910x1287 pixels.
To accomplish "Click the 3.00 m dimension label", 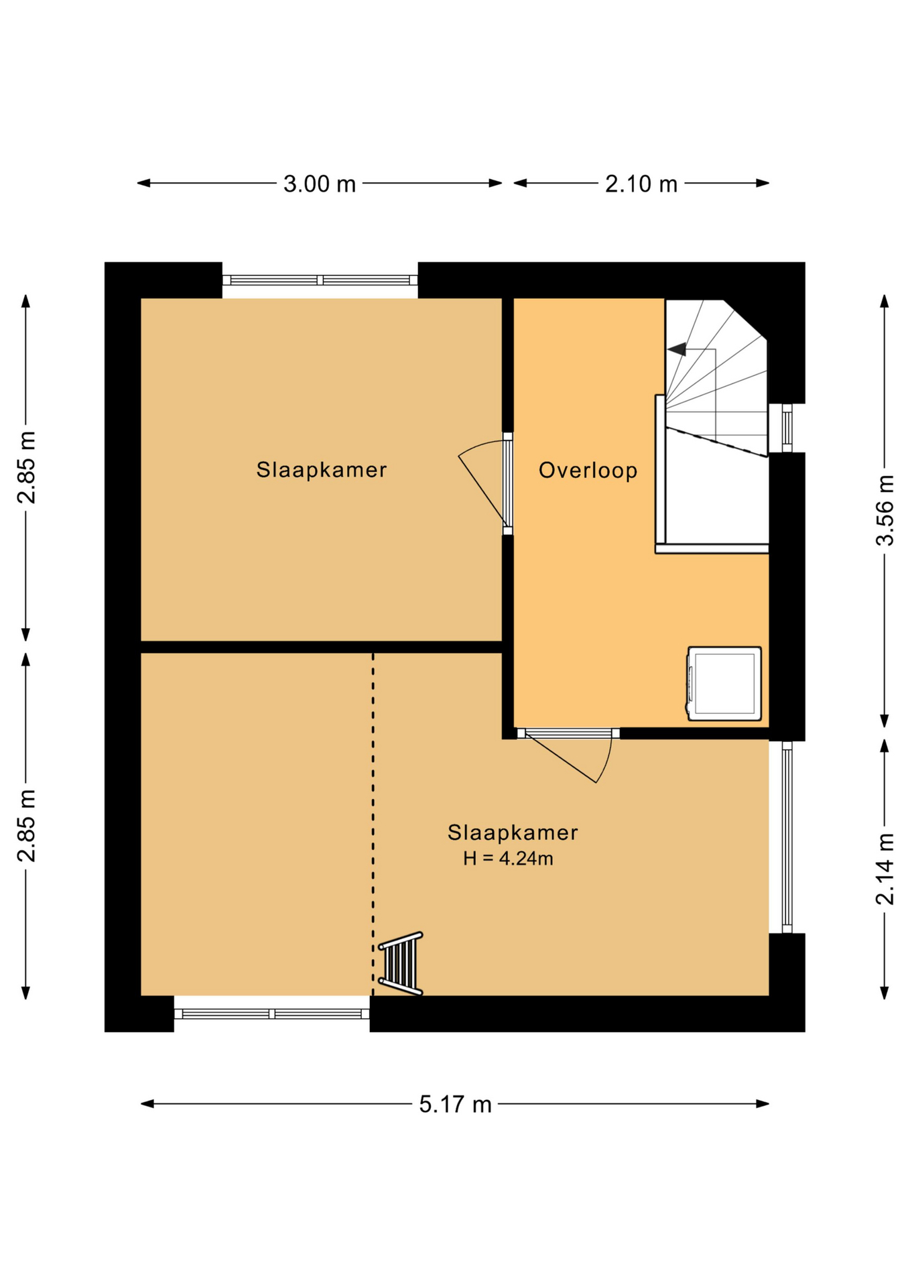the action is coord(319,184).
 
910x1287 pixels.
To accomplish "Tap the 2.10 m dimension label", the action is coord(641,184).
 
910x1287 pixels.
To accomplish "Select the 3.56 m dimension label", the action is coord(885,510).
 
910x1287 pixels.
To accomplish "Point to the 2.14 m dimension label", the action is coord(885,869).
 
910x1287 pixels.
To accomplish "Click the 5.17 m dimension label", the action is coord(455,1104).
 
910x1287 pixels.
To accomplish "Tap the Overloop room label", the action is coord(588,470).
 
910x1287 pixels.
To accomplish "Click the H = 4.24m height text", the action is coord(508,858).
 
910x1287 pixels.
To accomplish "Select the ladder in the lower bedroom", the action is coord(401,963).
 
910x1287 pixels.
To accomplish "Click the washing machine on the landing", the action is coord(724,683).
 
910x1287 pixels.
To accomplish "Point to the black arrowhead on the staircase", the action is coord(677,349).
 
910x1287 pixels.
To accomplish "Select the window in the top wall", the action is coord(320,280).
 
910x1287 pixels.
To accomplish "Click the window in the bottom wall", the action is coord(271,1014).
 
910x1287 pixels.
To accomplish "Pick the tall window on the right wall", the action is coord(787,837).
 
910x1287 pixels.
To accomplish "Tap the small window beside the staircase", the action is coord(787,428).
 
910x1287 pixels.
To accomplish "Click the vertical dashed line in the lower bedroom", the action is coord(373,824).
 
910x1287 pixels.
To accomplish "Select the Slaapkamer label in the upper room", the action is coord(322,469).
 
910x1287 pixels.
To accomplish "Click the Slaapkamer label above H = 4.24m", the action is coord(513,832).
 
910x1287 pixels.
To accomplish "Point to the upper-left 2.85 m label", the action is coord(27,467).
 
